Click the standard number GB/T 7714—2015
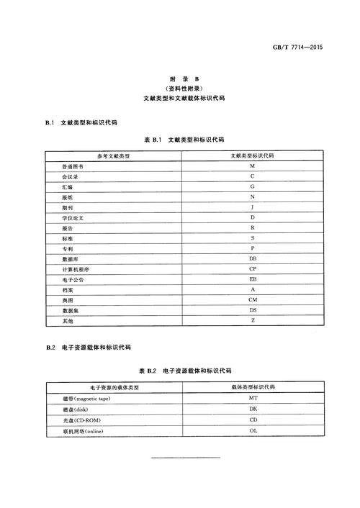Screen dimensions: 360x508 pos(297,47)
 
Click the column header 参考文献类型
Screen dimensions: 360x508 pos(113,155)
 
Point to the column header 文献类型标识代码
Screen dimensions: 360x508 pos(253,155)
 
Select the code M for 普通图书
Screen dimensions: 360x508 pos(253,166)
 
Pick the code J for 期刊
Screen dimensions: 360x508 pos(253,207)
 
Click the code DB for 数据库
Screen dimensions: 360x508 pos(253,258)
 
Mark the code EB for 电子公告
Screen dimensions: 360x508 pos(253,278)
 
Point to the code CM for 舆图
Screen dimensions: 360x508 pos(253,299)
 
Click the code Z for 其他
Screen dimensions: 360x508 pos(253,320)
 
